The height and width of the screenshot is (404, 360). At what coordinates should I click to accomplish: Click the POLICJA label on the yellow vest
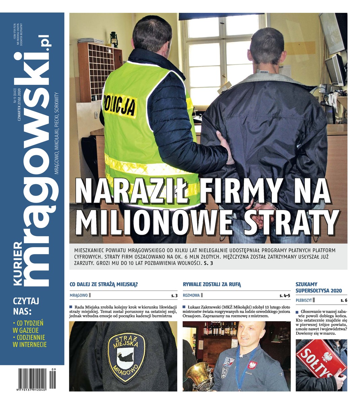(120, 105)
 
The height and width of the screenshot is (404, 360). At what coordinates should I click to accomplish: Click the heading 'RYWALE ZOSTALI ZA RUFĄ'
(212, 284)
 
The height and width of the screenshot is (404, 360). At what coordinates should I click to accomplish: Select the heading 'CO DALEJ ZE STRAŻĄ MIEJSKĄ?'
(104, 284)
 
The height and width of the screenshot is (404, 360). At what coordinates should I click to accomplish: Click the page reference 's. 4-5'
(285, 296)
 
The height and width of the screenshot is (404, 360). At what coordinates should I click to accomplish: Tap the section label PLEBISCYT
(303, 300)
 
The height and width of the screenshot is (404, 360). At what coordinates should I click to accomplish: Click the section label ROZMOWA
(191, 296)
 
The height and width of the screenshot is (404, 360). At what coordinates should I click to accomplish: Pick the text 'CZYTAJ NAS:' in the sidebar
(26, 305)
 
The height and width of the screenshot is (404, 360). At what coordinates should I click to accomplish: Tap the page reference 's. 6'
(344, 300)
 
